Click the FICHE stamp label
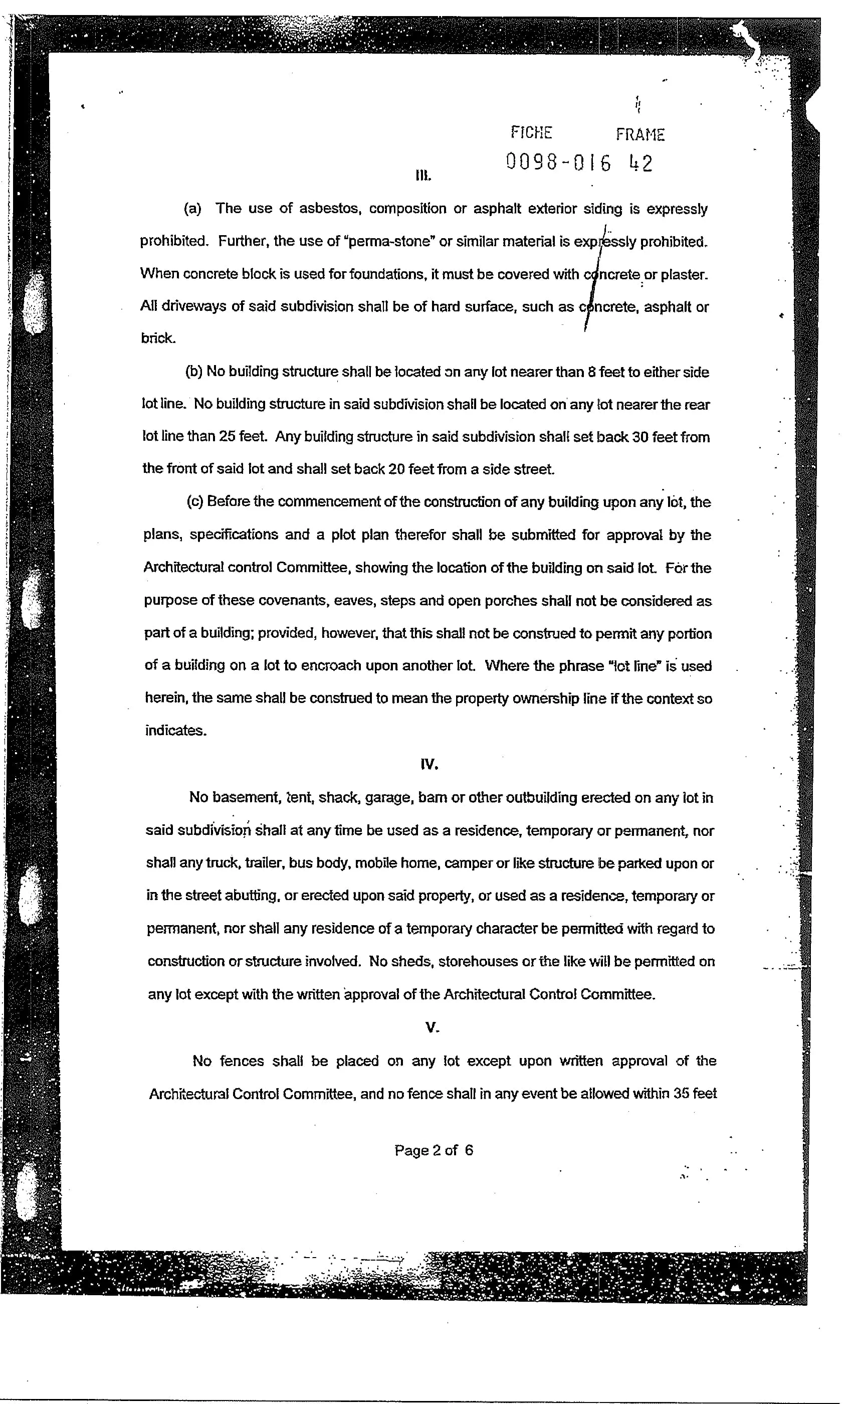tap(531, 133)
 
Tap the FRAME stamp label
tap(640, 135)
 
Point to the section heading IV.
tap(429, 764)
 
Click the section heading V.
tap(432, 1027)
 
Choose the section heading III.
tap(422, 175)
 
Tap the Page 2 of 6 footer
tap(434, 1150)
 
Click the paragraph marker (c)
tap(195, 501)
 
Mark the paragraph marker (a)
tap(192, 209)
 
